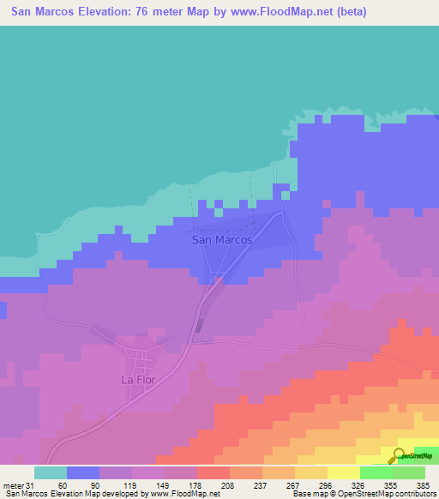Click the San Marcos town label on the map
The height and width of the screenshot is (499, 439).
[x=222, y=240]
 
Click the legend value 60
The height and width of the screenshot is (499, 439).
[x=63, y=485]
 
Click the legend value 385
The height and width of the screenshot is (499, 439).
[x=422, y=485]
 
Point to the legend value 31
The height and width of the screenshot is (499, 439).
[x=32, y=485]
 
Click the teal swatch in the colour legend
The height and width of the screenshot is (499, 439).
[x=51, y=472]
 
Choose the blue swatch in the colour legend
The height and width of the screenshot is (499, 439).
[x=83, y=472]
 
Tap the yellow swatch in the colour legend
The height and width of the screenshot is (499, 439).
[x=344, y=472]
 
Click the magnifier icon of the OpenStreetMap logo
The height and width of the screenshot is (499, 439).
[x=400, y=455]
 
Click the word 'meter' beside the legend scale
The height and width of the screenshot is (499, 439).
[x=13, y=485]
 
